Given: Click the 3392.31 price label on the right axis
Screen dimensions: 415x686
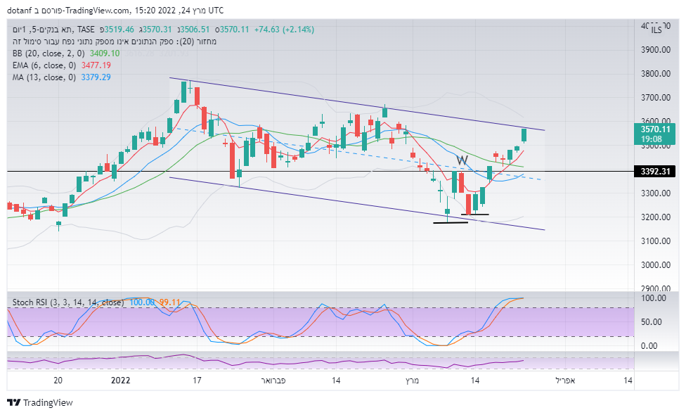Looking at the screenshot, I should tap(654, 171).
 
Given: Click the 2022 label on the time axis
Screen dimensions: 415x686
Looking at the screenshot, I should tap(121, 381).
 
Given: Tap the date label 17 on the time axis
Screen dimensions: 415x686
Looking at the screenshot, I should tap(198, 381).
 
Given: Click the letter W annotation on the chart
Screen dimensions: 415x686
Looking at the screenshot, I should tap(461, 160).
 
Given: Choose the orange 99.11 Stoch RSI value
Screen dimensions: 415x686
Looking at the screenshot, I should tap(169, 302).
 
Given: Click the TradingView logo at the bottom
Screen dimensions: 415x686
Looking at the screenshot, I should tap(40, 403).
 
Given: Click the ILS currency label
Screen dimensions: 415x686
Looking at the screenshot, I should tap(656, 30).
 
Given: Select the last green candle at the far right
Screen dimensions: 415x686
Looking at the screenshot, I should tap(524, 135).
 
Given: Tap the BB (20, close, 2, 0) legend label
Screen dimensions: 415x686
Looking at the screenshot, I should tap(48, 53).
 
